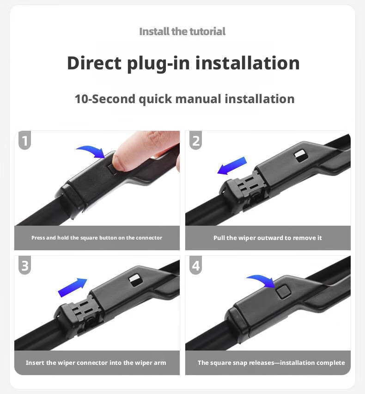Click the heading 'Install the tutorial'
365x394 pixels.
click(182, 31)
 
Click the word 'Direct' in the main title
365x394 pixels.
click(94, 63)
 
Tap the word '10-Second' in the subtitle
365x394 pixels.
click(105, 99)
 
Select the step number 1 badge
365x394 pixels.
click(24, 140)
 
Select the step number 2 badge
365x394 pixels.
click(196, 140)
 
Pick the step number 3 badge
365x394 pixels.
click(24, 265)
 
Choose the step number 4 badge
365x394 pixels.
click(196, 265)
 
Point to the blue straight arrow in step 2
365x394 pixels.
click(232, 166)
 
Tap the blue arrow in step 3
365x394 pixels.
click(72, 288)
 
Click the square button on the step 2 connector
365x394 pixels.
click(301, 155)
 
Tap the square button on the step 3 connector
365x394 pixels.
click(135, 280)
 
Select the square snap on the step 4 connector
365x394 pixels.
click(283, 292)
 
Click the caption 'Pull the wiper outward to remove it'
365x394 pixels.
click(268, 238)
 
